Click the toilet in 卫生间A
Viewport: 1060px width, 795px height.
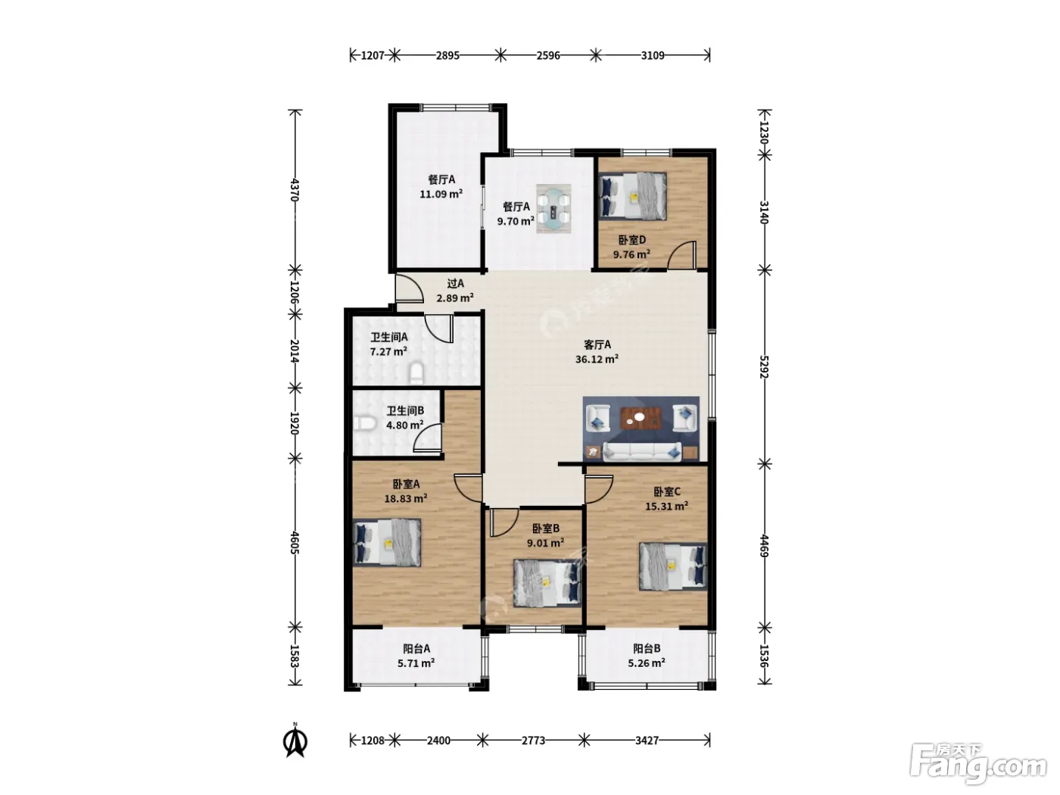click(x=416, y=373)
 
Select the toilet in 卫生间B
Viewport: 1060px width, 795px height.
click(x=365, y=424)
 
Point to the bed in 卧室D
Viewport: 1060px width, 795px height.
click(x=633, y=196)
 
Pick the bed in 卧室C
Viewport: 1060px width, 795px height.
click(x=673, y=566)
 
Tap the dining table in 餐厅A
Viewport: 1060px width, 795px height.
click(x=553, y=208)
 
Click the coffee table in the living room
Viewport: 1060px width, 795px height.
click(x=641, y=419)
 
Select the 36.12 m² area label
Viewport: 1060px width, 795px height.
click(x=597, y=359)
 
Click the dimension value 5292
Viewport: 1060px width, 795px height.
click(x=763, y=366)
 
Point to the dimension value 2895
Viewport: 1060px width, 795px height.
click(x=447, y=55)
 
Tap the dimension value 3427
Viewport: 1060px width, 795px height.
click(x=647, y=740)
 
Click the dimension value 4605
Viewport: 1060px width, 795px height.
click(x=295, y=543)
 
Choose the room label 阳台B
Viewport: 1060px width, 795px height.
click(x=647, y=648)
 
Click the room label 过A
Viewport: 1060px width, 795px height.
click(x=455, y=283)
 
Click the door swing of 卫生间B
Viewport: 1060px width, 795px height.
click(x=427, y=438)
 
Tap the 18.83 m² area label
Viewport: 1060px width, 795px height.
click(x=406, y=498)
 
